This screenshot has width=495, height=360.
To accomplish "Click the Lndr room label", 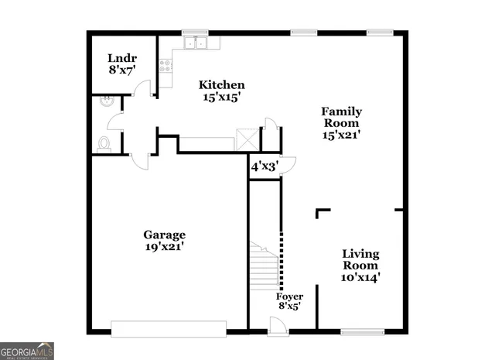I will (121, 57).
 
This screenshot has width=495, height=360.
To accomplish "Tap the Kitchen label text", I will (222, 85).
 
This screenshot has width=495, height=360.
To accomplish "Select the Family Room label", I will (341, 117).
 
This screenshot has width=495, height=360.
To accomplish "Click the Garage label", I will (164, 235).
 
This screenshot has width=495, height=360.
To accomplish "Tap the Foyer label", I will (290, 297).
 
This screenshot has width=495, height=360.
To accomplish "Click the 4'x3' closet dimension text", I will (264, 165).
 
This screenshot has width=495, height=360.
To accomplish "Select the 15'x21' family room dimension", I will (341, 134).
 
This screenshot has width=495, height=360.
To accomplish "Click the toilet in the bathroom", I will (104, 143).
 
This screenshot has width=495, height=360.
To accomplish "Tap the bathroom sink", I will (105, 101).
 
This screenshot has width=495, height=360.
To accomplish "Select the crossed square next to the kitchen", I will (247, 140).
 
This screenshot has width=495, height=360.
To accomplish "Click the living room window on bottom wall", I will (363, 332).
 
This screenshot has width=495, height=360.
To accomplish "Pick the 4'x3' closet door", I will (288, 164).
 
